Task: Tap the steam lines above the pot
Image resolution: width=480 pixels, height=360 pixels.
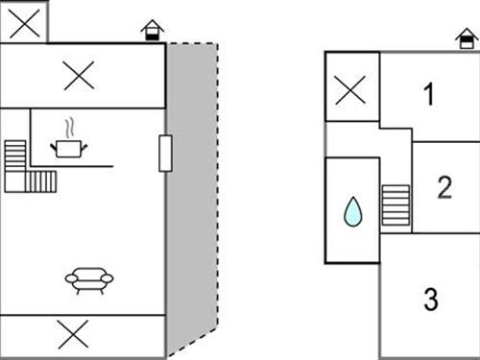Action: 69,128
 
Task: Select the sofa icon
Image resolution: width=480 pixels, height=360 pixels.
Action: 88,278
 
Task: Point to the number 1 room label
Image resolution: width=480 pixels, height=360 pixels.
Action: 429,94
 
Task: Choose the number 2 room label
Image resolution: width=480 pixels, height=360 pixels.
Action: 444,187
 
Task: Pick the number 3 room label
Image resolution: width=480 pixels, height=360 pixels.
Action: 431,299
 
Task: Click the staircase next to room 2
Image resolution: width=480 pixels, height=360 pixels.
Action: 396,204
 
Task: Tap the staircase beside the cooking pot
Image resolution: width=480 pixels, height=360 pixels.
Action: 29,169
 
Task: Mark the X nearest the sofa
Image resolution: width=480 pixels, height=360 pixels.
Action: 73,335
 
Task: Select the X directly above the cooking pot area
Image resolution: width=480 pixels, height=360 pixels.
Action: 79,74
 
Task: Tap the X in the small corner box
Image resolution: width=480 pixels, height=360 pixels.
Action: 23,22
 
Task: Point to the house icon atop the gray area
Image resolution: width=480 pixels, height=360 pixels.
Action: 152,32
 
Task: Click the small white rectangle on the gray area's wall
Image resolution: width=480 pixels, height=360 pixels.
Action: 165,154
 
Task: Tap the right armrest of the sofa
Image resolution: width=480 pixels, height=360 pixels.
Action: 108,278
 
